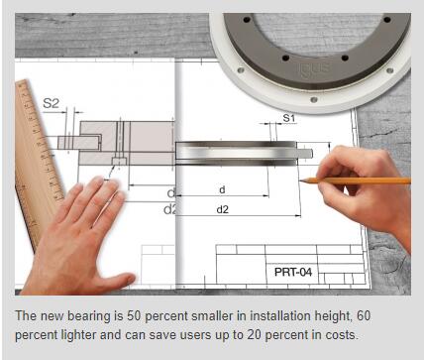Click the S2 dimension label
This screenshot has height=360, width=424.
51,103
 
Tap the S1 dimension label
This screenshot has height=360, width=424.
288,118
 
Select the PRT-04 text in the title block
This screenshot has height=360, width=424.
293,272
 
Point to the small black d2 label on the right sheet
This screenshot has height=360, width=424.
222,209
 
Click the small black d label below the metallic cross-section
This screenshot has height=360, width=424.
222,189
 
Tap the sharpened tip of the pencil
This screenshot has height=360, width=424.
300,180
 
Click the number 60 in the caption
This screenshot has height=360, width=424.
364,315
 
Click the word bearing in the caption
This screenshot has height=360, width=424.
89,316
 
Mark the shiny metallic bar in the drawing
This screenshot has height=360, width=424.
236,153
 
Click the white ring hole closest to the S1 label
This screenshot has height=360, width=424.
313,99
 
